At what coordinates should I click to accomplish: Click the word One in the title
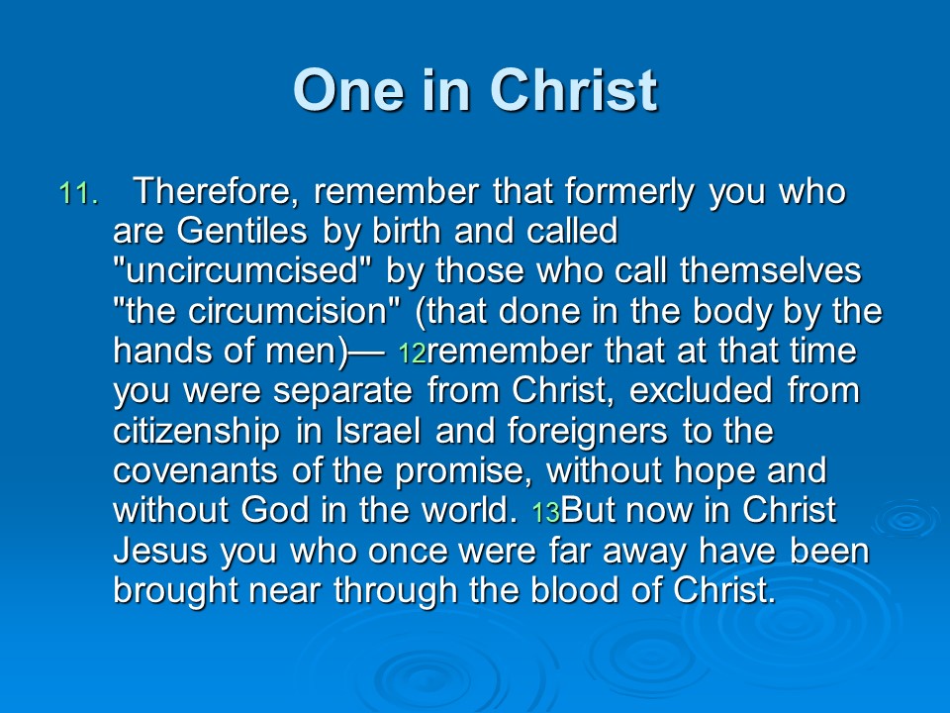348,90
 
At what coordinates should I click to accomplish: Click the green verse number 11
79,194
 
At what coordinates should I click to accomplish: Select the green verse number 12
413,354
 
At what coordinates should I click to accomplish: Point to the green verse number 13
546,513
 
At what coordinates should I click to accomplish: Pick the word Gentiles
241,231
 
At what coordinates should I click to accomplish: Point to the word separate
343,392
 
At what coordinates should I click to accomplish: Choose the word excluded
701,390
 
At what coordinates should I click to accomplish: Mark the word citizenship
196,432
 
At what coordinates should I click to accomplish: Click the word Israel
378,431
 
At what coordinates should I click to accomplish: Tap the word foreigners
588,432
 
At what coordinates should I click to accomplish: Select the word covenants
195,471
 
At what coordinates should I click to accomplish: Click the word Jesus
160,551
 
